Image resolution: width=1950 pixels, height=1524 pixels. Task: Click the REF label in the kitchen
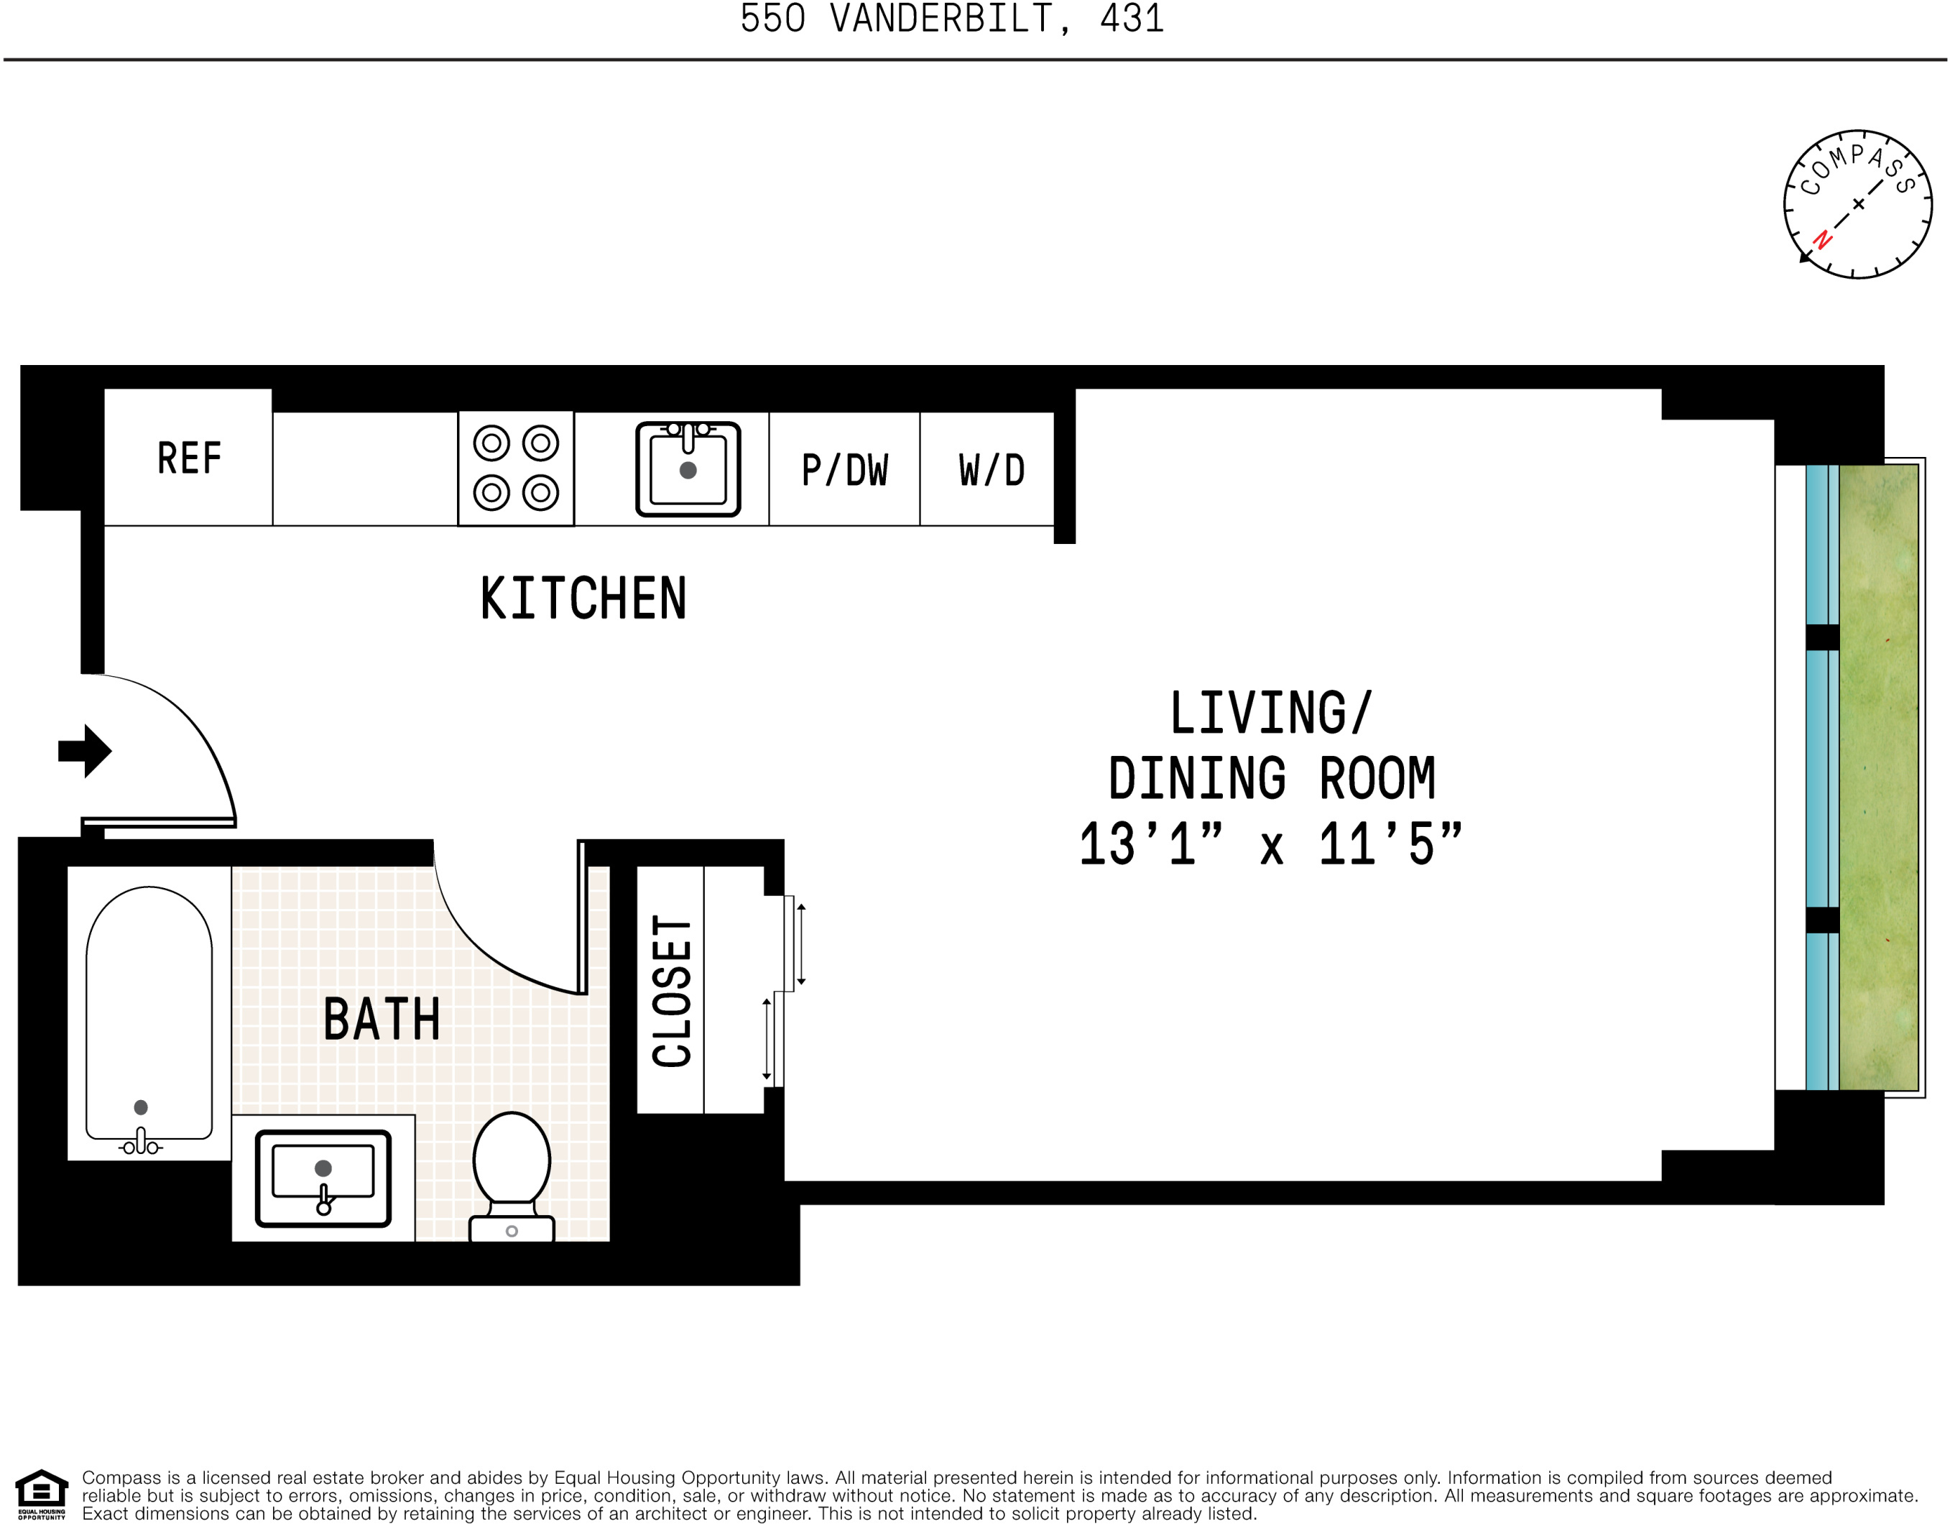[188, 458]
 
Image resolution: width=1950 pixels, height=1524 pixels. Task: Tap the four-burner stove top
[515, 468]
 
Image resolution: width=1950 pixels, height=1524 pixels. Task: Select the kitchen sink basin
[688, 470]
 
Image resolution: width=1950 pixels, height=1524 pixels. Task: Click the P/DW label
[844, 471]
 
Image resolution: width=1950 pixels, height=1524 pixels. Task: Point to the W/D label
[990, 471]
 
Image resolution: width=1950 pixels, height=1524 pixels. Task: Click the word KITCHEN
[583, 598]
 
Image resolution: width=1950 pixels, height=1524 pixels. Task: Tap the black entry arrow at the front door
[85, 751]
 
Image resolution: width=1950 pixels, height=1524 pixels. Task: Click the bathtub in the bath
[149, 1013]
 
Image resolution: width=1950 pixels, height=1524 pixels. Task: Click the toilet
[512, 1174]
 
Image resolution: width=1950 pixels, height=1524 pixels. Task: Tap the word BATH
[382, 1020]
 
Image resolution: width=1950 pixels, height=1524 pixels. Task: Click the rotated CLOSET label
[671, 991]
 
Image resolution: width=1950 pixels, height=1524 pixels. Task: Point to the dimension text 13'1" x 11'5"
[1270, 844]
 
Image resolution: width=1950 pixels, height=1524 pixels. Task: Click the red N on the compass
[1822, 239]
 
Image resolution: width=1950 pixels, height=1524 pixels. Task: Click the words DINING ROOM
[1272, 778]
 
